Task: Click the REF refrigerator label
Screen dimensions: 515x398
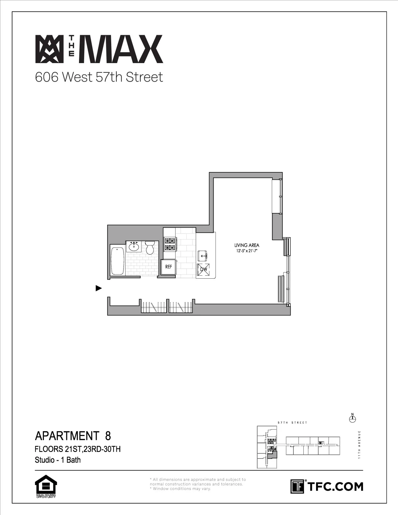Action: click(x=168, y=267)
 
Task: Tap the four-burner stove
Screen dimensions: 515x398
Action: click(x=170, y=244)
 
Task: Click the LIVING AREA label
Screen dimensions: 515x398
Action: click(x=247, y=245)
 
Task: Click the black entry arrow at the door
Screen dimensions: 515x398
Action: click(x=99, y=288)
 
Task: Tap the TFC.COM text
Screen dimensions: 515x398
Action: click(x=335, y=487)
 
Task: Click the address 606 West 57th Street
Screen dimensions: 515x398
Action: click(x=99, y=77)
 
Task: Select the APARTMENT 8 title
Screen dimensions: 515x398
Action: click(x=73, y=435)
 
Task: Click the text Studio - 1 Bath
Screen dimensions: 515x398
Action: click(x=58, y=460)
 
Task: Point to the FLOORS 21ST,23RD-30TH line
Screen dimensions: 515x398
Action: click(x=78, y=449)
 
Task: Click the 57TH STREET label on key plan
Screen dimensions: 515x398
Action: click(x=292, y=423)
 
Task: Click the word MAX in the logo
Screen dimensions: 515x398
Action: click(x=123, y=49)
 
